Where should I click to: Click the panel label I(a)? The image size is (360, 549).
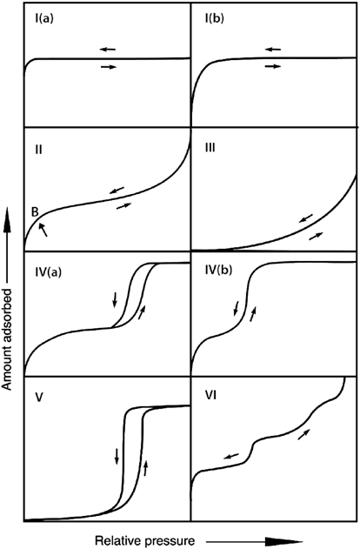(43, 18)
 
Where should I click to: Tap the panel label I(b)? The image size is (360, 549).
(214, 18)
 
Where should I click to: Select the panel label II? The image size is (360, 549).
(38, 150)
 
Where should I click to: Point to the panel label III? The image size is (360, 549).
(210, 148)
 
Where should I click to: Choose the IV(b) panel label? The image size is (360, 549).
(218, 270)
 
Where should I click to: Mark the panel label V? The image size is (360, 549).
(39, 398)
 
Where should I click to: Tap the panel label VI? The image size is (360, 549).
(210, 396)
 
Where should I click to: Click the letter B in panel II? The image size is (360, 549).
(35, 212)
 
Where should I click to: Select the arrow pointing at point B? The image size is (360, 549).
(43, 230)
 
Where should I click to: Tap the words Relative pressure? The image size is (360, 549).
(145, 540)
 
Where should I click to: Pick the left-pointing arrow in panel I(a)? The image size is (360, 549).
(108, 49)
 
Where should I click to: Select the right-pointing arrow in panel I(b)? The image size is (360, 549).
(273, 66)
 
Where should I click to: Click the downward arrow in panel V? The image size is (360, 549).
(117, 456)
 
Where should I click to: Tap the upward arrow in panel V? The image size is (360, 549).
(146, 467)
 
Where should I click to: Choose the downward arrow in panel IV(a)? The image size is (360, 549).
(115, 299)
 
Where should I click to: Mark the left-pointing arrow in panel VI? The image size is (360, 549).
(231, 456)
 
